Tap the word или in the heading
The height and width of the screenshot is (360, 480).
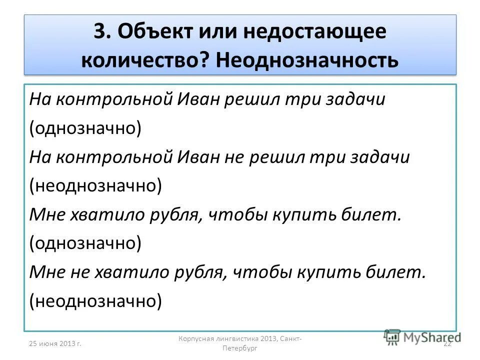click(x=217, y=32)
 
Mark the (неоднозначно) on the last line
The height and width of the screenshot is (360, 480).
click(x=95, y=301)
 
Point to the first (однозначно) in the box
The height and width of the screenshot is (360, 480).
click(x=85, y=128)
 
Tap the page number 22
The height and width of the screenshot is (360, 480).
click(x=447, y=342)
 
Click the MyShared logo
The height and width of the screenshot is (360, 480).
click(x=422, y=337)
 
